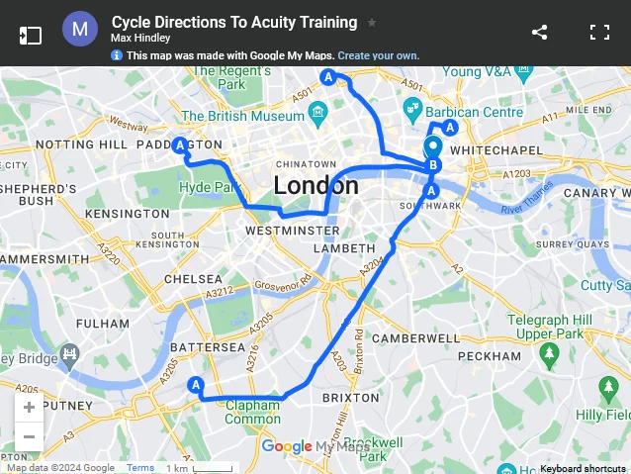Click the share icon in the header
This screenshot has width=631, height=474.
[539, 32]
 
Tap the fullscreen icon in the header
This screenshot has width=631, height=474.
[599, 32]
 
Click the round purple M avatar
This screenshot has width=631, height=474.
[80, 31]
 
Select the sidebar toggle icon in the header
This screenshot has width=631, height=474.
[31, 35]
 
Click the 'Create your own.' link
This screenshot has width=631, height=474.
[379, 55]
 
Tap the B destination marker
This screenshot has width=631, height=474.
[432, 165]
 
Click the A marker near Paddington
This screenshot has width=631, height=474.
[180, 146]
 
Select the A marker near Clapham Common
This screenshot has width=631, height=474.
[196, 385]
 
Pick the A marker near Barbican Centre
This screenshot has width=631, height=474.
[450, 128]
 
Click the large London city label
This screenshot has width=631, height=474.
[315, 185]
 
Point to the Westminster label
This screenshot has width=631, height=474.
[292, 230]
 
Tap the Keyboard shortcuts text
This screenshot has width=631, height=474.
[583, 468]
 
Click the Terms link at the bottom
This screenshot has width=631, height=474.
[140, 468]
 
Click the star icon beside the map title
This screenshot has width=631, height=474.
[372, 22]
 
